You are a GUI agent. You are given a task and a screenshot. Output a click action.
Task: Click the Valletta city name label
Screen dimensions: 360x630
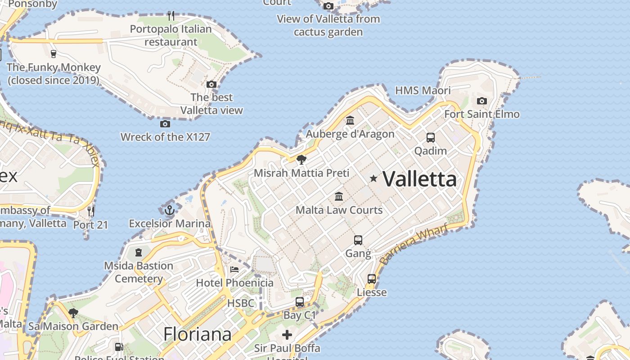point(419,179)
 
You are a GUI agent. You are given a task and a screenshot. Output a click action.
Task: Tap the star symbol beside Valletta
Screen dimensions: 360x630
point(373,179)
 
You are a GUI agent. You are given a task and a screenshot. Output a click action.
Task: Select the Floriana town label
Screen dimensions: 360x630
point(197,334)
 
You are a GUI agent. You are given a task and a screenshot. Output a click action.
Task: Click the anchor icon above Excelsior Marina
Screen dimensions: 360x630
point(169,210)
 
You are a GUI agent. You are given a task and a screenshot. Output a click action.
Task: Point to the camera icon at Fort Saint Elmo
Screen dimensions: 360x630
point(482,101)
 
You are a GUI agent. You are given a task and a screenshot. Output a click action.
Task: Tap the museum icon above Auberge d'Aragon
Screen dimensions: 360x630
point(350,120)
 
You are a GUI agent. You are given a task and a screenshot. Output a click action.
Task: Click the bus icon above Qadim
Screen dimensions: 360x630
point(431,137)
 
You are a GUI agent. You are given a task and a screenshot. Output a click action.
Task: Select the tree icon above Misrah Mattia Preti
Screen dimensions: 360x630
point(301,159)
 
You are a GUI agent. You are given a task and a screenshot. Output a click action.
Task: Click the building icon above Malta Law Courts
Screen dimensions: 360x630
point(339,196)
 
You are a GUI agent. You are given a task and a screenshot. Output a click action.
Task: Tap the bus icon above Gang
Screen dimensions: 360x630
point(358,240)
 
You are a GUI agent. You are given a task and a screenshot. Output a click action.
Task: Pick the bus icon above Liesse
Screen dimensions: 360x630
point(372,279)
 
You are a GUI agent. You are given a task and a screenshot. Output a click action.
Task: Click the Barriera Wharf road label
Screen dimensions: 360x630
point(414,244)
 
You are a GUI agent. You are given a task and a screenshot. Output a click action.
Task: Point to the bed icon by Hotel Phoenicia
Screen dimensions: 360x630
point(234,270)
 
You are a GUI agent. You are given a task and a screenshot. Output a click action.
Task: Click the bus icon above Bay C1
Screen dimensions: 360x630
point(300,302)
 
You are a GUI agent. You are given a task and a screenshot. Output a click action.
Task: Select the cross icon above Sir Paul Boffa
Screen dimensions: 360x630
point(287,335)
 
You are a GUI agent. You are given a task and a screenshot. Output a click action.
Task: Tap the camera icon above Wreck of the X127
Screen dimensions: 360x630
point(165,124)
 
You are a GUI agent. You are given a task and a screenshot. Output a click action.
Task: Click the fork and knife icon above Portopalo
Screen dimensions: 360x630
point(171,16)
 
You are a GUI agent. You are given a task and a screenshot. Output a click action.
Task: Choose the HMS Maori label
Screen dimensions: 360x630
point(423,90)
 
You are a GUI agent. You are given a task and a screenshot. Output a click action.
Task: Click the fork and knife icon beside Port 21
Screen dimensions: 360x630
point(91,211)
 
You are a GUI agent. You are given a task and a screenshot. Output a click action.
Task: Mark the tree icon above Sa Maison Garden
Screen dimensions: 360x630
point(73,313)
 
